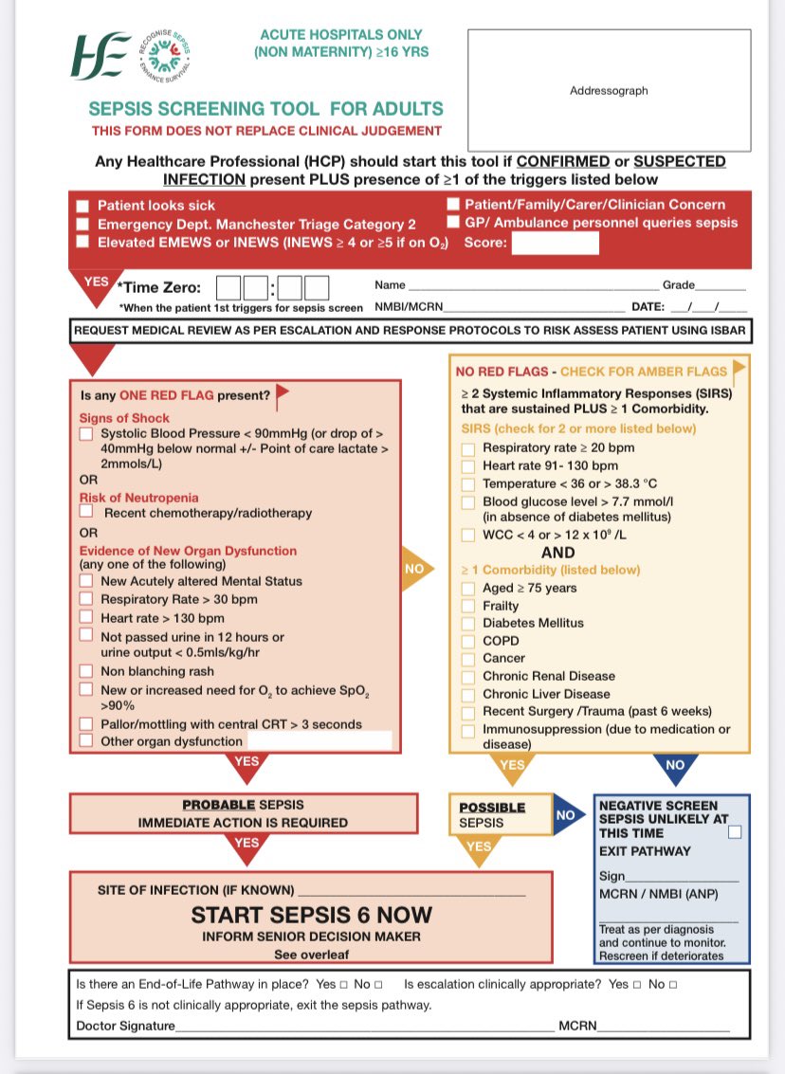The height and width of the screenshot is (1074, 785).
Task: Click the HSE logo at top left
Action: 99,56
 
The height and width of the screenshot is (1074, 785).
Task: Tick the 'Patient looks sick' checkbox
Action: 83,206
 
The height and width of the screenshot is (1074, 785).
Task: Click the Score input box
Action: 556,243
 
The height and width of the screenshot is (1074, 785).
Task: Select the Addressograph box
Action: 609,91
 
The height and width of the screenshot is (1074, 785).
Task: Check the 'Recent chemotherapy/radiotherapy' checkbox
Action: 86,512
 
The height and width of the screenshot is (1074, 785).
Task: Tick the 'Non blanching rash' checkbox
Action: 86,670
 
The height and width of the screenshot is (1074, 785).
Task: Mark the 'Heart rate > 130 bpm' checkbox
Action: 86,617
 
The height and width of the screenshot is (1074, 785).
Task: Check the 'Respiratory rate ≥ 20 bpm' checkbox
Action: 468,447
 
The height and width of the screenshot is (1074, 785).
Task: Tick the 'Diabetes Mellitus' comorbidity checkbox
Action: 468,623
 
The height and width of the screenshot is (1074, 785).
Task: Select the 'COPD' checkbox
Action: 468,641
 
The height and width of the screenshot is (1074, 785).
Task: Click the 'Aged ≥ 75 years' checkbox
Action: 468,588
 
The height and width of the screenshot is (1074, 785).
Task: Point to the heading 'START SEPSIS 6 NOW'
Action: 311,915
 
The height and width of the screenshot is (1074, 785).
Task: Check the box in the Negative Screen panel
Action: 735,832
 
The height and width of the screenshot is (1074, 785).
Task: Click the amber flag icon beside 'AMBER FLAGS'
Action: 739,368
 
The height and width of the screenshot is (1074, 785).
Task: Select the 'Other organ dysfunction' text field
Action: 319,741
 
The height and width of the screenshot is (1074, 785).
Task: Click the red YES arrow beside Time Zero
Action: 96,284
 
